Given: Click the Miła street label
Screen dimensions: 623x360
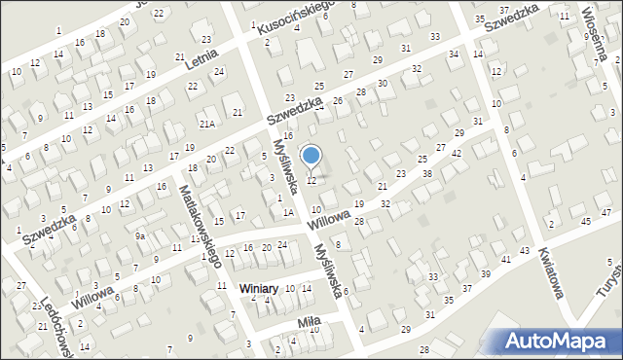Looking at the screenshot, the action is coord(309,321).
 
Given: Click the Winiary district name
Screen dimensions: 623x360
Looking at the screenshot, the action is coord(260,289).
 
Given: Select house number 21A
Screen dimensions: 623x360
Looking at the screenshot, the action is coord(206,124).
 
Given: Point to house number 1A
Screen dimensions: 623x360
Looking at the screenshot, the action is coord(288,211).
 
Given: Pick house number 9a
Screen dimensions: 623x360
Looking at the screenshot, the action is coord(140,235).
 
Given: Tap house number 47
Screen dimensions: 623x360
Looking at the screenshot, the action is coord(606,212).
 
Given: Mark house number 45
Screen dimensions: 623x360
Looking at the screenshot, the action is coord(586,221).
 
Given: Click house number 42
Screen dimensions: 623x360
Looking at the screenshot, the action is coord(457,155).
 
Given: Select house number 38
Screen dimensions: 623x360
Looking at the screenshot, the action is coord(426,173).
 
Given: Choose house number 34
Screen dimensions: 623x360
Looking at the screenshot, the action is coord(454,54).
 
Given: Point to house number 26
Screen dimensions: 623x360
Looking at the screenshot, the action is coord(338,101).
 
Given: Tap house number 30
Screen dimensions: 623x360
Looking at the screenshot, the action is coord(383,84).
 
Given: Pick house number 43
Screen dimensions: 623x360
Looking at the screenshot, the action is coord(525,251).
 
